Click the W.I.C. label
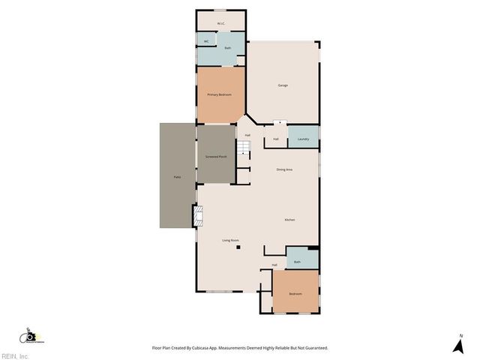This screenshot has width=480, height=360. point(221,23)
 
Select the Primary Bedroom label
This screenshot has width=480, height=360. point(220,94)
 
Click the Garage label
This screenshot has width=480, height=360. point(283,85)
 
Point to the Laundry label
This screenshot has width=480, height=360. point(303,139)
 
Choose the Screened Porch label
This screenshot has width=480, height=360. point(216,156)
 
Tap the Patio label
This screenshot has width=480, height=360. point(178,176)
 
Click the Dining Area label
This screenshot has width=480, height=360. point(284,169)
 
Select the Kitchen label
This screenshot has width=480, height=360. point(289,219)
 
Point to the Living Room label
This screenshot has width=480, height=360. point(230,240)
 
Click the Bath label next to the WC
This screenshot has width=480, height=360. point(228,49)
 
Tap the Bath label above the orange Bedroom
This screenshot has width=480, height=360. point(297,262)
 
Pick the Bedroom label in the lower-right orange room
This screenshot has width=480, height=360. point(295,293)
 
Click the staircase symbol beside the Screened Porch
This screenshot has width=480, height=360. point(243,148)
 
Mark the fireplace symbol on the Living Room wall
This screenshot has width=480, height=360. point(199,217)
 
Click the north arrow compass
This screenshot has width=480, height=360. point(457,345)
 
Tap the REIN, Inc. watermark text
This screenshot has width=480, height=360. point(15,355)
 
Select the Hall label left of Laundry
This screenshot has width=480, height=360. point(276,139)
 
